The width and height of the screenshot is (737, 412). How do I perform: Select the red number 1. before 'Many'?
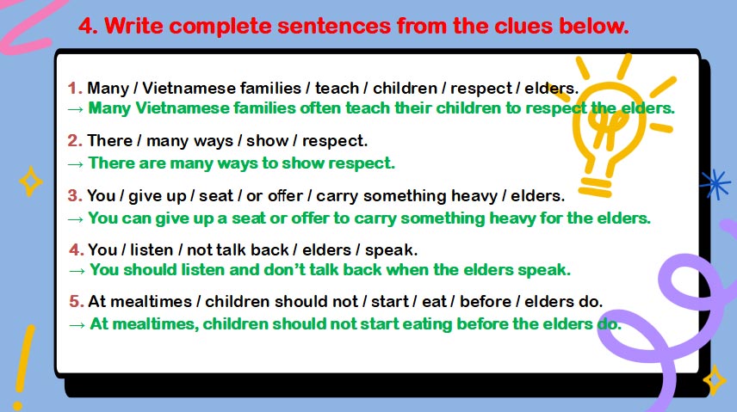[x=75, y=88]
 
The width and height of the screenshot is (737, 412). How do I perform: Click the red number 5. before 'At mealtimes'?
[x=76, y=301]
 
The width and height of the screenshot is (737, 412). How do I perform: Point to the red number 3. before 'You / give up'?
[x=75, y=195]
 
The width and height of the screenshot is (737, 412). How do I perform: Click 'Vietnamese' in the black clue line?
[x=179, y=88]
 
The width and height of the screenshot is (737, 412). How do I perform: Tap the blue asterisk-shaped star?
[x=714, y=183]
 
